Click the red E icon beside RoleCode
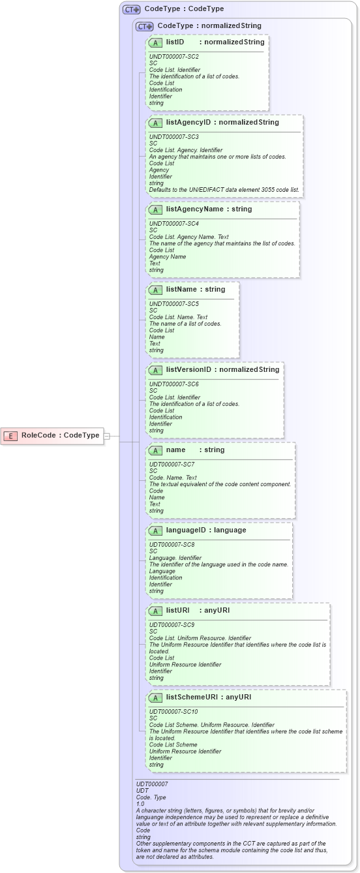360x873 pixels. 10,435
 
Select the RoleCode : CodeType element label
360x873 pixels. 60,435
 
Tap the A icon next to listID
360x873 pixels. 155,42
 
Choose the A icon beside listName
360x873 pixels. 155,289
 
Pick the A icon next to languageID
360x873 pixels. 155,530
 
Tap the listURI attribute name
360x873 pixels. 177,610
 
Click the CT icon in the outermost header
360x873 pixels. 132,9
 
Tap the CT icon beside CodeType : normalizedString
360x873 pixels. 145,26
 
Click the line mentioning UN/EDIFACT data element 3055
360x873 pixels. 224,190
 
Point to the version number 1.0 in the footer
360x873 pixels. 140,803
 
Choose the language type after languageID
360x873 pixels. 230,530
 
